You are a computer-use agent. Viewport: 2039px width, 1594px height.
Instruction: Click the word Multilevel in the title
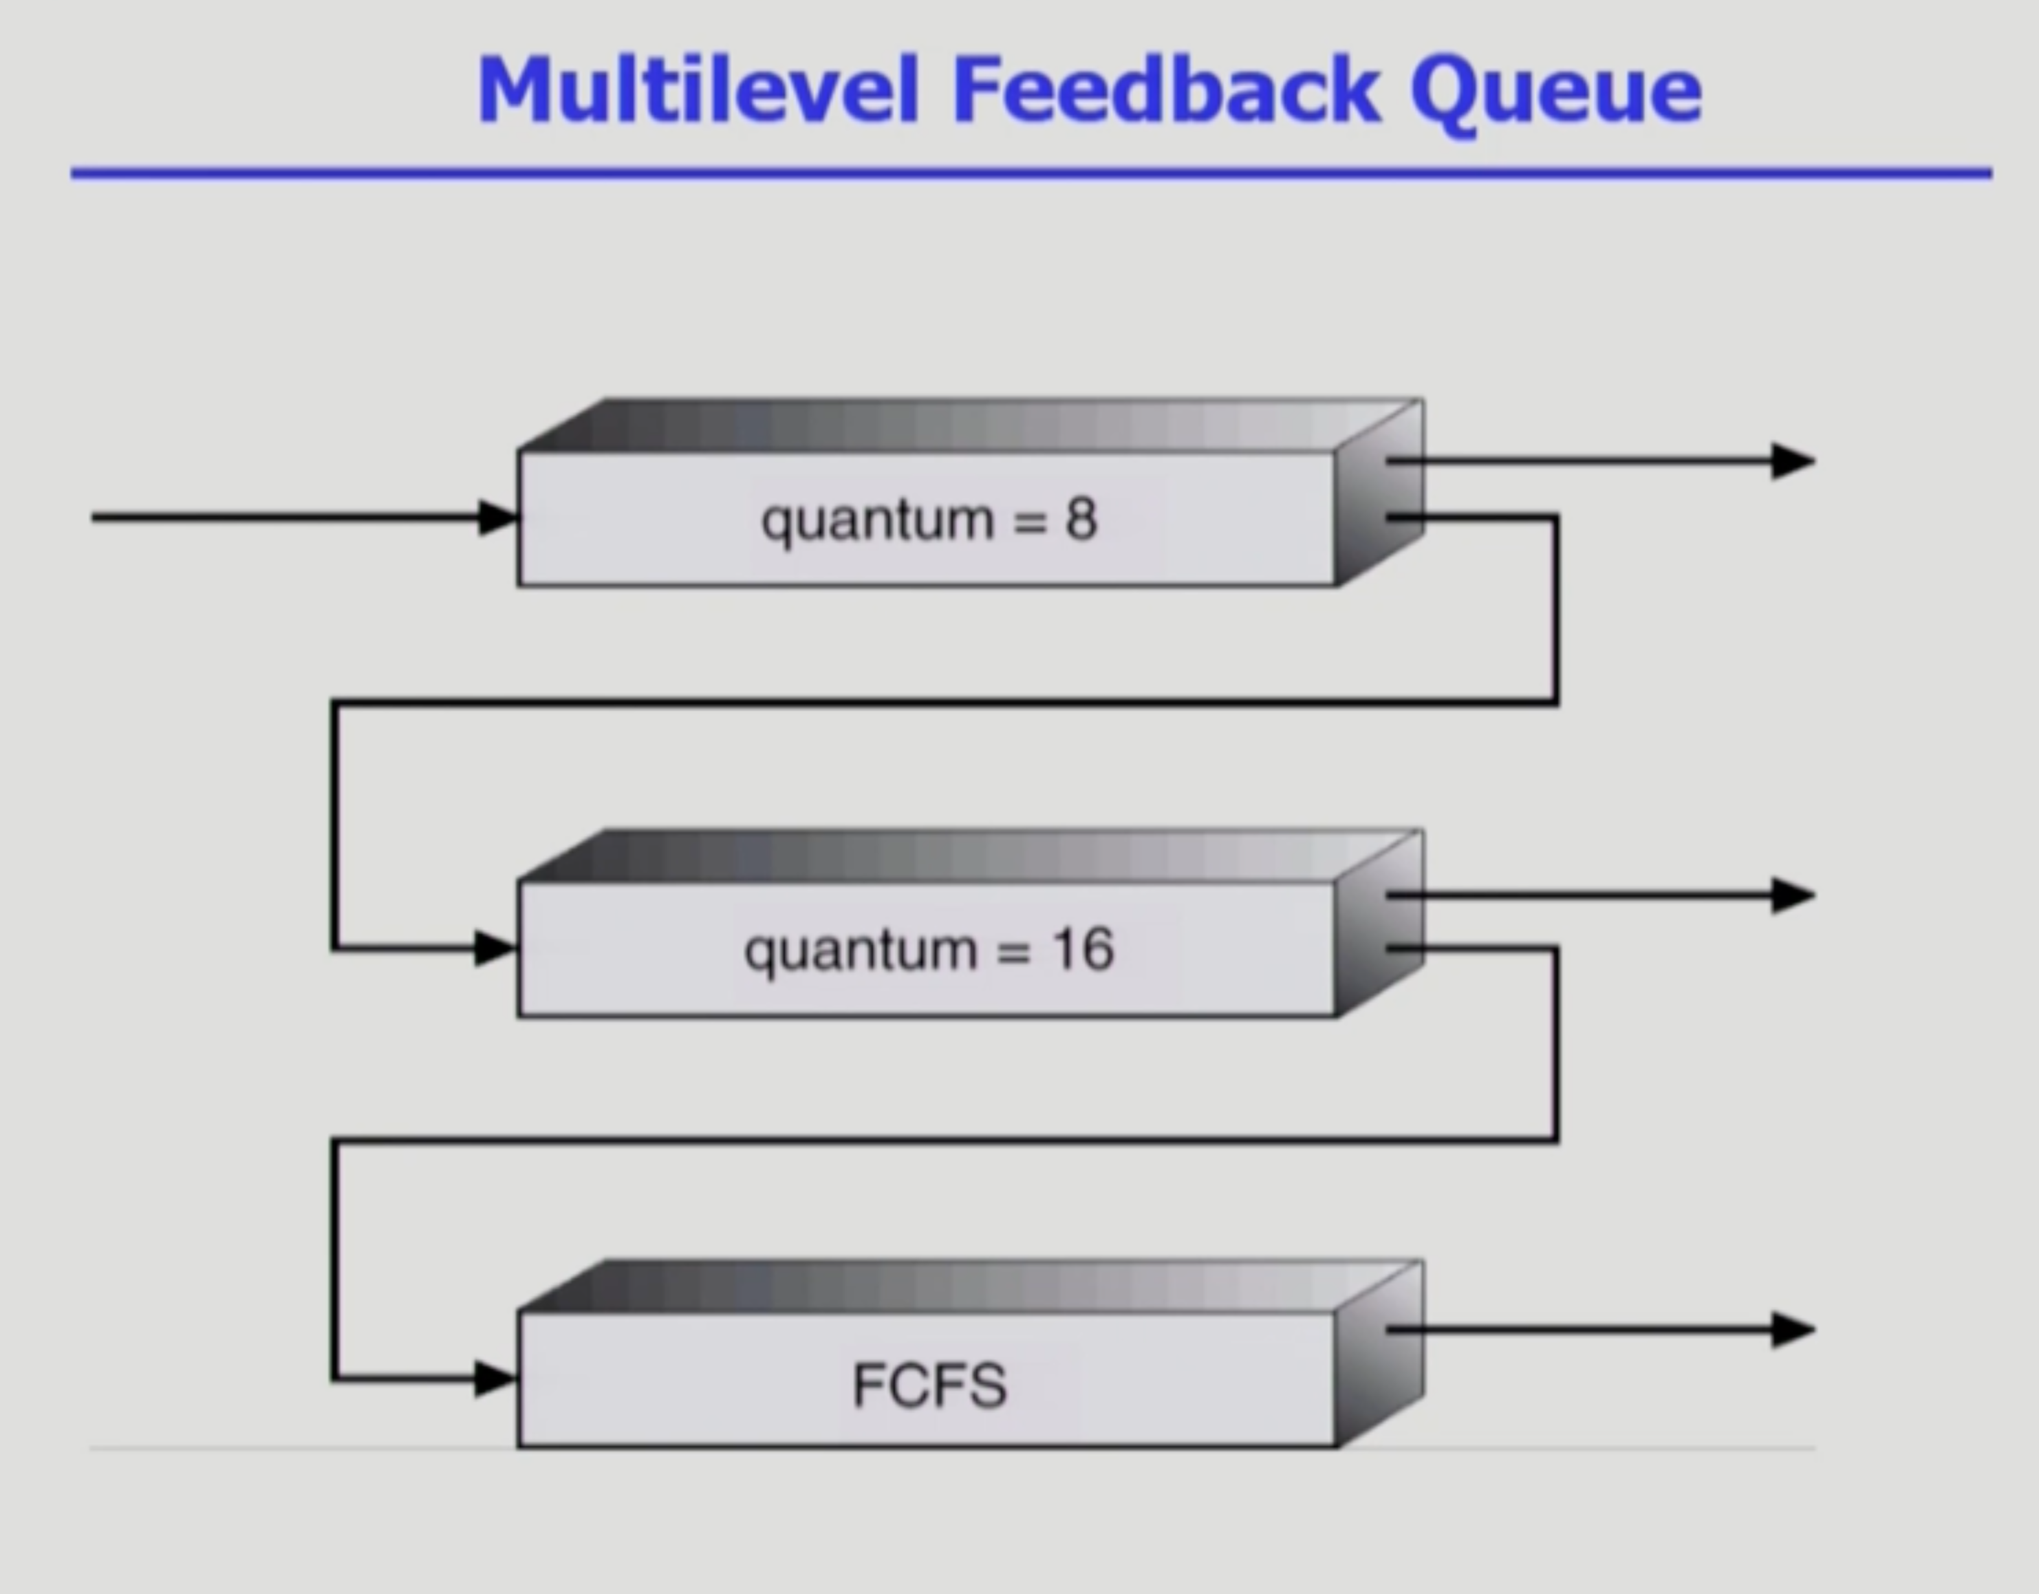click(698, 91)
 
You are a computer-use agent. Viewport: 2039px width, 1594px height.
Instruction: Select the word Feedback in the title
click(1166, 91)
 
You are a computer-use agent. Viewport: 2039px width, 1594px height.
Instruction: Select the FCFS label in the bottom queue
click(930, 1385)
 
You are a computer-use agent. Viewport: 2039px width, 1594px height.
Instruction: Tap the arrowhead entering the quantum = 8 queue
click(497, 518)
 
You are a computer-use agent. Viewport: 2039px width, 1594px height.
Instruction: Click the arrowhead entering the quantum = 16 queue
click(495, 948)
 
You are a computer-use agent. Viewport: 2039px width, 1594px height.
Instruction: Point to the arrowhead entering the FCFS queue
click(495, 1379)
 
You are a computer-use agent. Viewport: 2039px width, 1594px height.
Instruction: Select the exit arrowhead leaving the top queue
click(1793, 461)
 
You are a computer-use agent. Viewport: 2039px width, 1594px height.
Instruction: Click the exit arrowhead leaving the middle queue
click(1793, 895)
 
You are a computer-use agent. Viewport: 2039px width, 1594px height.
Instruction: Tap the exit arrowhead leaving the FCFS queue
click(1793, 1330)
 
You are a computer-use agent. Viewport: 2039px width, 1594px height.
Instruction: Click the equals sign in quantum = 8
click(1030, 521)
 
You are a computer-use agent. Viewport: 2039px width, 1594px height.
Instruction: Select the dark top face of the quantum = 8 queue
click(971, 425)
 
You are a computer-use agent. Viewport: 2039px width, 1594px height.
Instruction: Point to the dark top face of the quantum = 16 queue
click(971, 856)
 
